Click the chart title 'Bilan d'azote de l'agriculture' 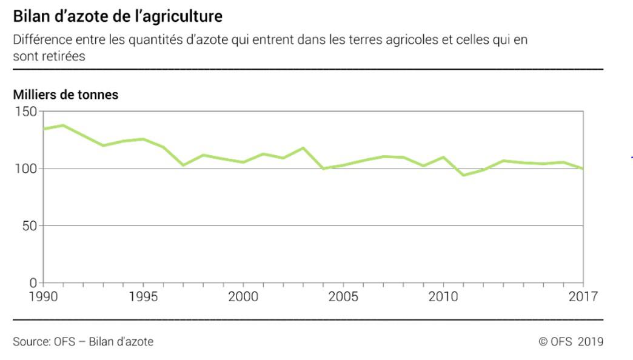pos(118,16)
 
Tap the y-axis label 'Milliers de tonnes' pos(65,95)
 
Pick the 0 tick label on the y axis pos(34,283)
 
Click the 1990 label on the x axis pos(43,297)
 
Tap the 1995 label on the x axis pos(143,297)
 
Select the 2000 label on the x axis pos(243,297)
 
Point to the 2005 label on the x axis pos(343,297)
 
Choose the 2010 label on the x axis pos(443,297)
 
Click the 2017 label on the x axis pos(583,297)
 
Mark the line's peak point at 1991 pos(63,125)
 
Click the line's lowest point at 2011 pos(463,175)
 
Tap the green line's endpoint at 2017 pos(583,168)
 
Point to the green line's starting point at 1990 pos(43,129)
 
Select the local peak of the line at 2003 pos(303,148)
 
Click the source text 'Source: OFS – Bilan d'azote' pos(83,342)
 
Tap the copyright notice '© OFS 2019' pos(571,342)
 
